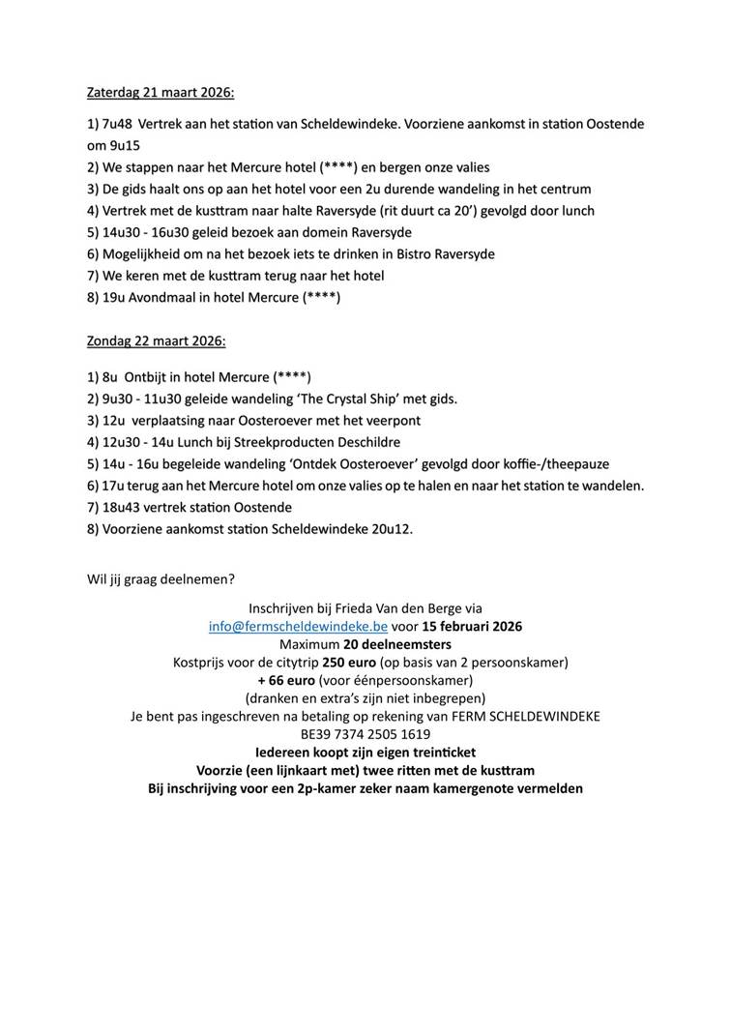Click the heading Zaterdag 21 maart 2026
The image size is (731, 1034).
pos(161,93)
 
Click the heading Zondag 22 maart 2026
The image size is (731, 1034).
pos(157,341)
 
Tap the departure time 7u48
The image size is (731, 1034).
pos(118,124)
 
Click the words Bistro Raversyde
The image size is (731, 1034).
pos(444,253)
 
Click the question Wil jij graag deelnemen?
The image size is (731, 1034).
pos(161,578)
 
